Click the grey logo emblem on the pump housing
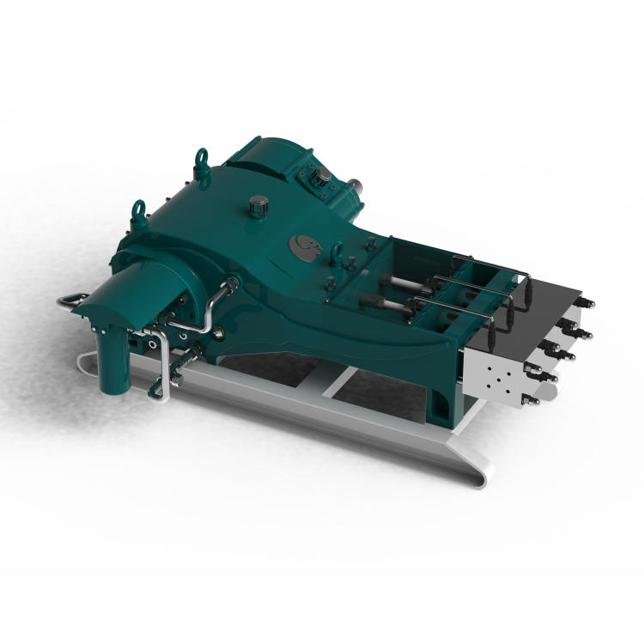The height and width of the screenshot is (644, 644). [308, 246]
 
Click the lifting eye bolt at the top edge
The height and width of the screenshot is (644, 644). [203, 160]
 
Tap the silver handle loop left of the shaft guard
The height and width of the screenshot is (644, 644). [70, 302]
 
